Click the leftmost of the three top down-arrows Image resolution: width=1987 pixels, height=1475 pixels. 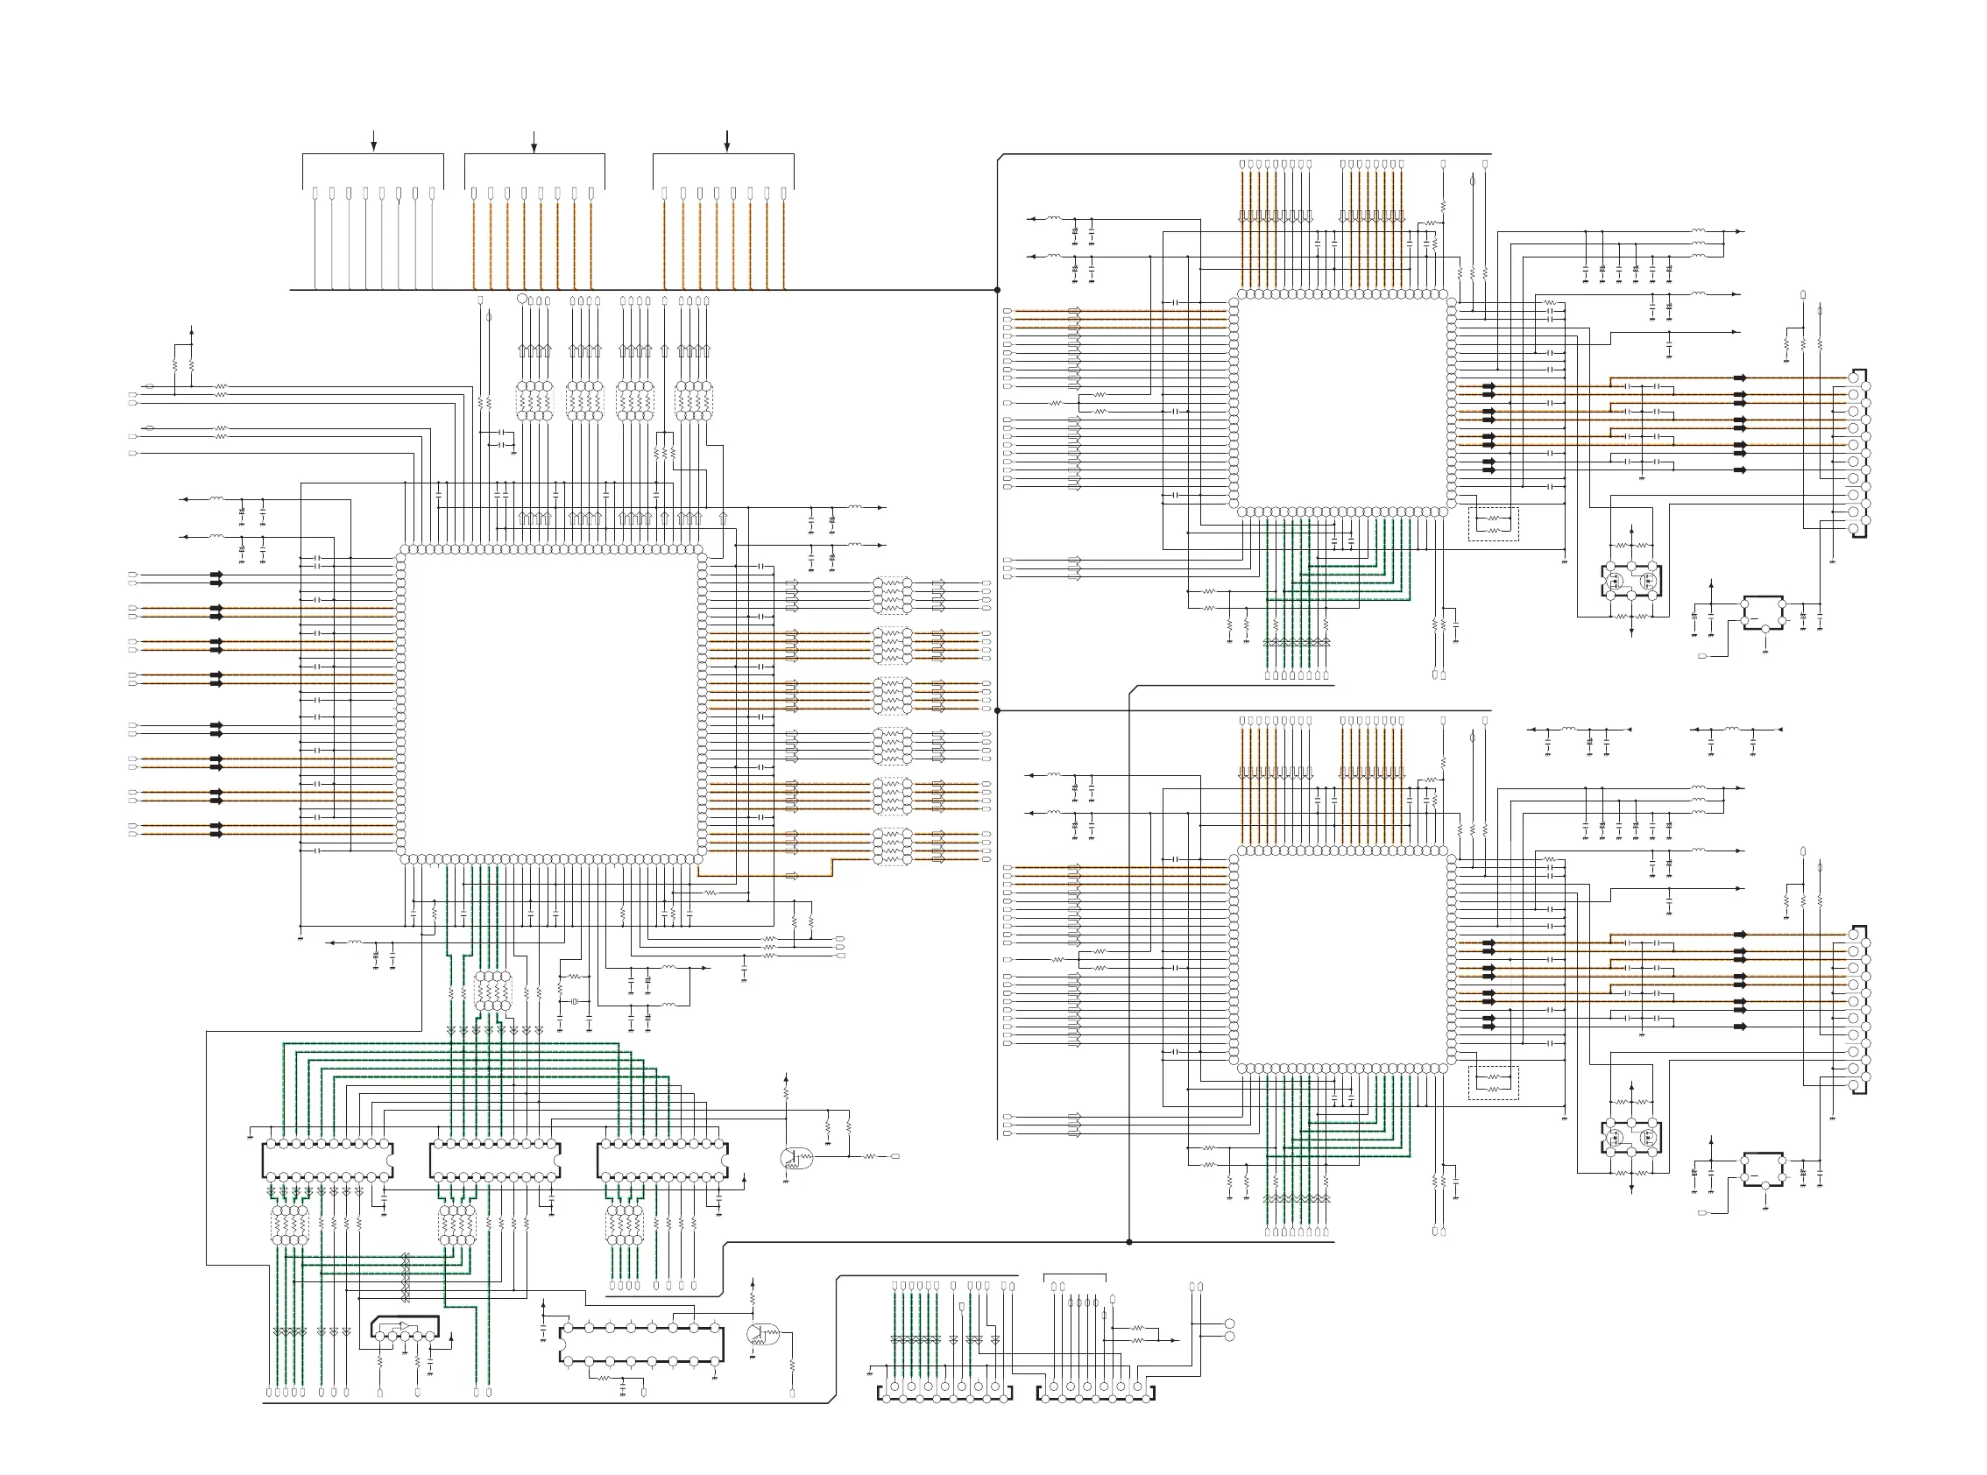(373, 142)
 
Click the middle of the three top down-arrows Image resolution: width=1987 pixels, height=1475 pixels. (534, 142)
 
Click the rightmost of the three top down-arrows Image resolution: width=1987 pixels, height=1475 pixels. (727, 141)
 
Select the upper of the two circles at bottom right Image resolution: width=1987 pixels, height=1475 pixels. (1229, 1324)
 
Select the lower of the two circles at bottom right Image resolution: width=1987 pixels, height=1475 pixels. (1229, 1337)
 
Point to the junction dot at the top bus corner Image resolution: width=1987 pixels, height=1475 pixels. (998, 290)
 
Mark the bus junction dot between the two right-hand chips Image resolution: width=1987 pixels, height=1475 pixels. (998, 710)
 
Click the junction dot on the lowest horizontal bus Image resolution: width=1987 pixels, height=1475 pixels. (1128, 1242)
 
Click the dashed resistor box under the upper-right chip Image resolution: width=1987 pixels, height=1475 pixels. (1493, 524)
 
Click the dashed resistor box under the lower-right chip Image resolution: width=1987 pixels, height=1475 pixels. (1493, 1083)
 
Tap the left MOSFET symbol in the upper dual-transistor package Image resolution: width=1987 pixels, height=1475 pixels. (1616, 581)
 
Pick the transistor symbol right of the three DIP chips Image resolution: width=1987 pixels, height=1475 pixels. (794, 1159)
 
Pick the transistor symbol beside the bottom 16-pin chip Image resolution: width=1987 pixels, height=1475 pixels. (760, 1336)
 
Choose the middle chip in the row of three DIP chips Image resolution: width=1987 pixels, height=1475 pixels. (495, 1161)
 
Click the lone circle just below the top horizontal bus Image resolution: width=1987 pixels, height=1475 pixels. (522, 299)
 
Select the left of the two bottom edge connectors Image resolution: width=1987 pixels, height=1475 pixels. (944, 1394)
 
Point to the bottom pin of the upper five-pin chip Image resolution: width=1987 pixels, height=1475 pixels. (1764, 630)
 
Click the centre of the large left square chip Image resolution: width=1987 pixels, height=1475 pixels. (551, 703)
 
